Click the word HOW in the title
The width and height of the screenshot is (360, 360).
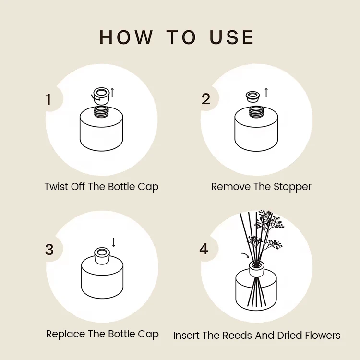[126, 37]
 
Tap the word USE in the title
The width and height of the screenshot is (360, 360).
[232, 37]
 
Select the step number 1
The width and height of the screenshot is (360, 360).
[48, 99]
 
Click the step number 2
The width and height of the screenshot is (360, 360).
[206, 99]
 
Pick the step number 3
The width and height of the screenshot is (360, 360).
[49, 250]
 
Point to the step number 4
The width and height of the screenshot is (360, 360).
[204, 250]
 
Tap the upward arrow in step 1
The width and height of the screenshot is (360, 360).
[112, 92]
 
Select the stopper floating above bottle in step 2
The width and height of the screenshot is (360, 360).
[252, 96]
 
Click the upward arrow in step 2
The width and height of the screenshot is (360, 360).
[266, 92]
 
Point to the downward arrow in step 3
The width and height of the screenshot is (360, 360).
[114, 242]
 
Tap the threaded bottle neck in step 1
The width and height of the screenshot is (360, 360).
[101, 112]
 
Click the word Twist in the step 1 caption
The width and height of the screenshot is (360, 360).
[56, 187]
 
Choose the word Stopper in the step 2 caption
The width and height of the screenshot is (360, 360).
[292, 187]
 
